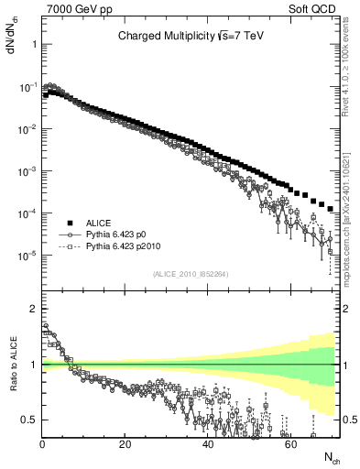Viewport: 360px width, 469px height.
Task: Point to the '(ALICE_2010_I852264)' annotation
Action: (x=190, y=274)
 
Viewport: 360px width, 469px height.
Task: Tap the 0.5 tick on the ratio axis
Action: (x=29, y=420)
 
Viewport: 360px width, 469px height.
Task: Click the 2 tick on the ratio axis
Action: (x=33, y=308)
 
